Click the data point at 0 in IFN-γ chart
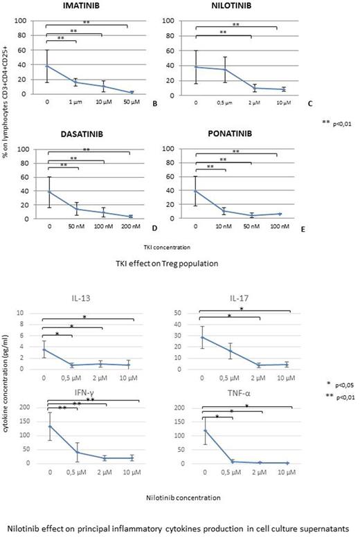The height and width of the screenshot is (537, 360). click(x=48, y=426)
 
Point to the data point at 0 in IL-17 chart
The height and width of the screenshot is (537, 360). click(x=201, y=337)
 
